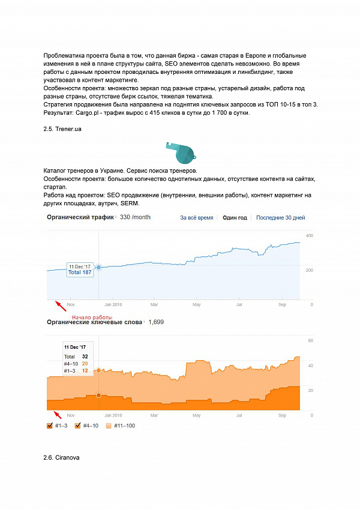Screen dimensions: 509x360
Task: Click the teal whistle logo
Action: point(179,152)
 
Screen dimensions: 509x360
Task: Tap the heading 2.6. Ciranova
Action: point(62,457)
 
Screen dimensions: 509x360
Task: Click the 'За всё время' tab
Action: point(196,217)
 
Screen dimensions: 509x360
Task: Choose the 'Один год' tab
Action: point(235,217)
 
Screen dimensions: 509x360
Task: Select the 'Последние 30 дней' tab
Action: point(281,217)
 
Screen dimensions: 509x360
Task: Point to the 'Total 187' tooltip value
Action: point(79,273)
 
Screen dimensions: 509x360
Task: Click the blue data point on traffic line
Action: point(98,267)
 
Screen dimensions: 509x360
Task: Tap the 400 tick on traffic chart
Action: point(310,235)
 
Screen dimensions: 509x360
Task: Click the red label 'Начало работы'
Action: point(92,318)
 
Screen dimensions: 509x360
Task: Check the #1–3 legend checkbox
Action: point(50,426)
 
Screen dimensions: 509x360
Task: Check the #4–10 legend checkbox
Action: point(78,426)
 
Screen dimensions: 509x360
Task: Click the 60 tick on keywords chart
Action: point(310,340)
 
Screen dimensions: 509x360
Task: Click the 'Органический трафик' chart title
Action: point(80,217)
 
